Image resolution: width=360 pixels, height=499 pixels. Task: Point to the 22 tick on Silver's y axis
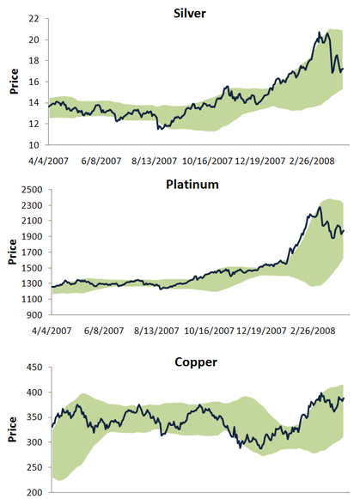(x=34, y=19)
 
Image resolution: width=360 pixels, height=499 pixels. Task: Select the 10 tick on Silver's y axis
(x=34, y=145)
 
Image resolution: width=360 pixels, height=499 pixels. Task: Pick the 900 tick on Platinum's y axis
(x=33, y=314)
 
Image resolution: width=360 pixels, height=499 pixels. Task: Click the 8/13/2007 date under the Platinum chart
(x=155, y=329)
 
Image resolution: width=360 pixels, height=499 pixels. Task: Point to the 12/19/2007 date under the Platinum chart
(x=260, y=329)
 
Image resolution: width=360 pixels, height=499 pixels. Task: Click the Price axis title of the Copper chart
(x=11, y=430)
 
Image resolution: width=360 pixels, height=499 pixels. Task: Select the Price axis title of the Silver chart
(x=11, y=82)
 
